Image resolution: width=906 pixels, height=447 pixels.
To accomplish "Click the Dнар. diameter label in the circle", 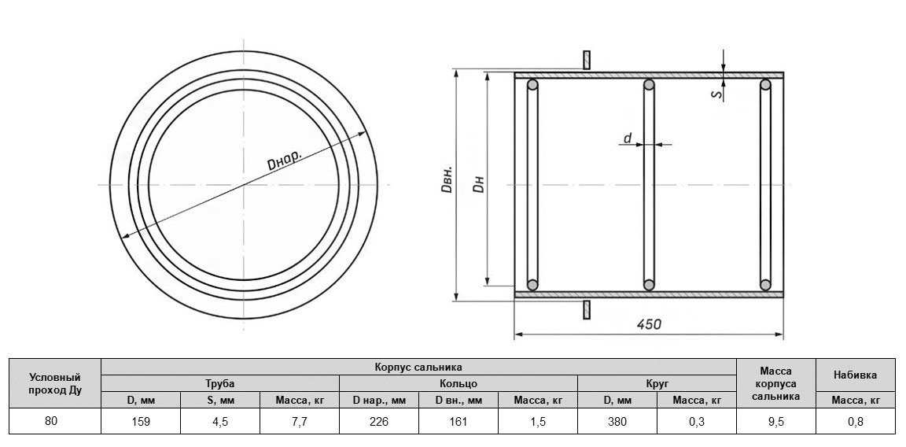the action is (x=284, y=161).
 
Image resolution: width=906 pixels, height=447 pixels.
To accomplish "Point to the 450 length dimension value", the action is (x=650, y=323).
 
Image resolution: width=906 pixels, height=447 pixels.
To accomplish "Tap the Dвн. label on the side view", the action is (x=447, y=180).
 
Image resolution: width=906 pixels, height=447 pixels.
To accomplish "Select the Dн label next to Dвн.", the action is (x=478, y=184).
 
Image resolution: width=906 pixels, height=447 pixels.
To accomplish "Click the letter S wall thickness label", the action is (x=717, y=93).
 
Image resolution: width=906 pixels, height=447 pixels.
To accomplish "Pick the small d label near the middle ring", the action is (x=628, y=138).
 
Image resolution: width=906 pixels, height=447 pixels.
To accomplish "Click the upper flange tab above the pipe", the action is (x=587, y=60).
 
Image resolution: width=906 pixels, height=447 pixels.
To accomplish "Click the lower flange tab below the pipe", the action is (x=587, y=309).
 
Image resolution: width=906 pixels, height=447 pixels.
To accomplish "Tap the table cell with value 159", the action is (x=141, y=422).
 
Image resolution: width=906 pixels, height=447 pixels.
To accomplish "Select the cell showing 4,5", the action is (x=220, y=422).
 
